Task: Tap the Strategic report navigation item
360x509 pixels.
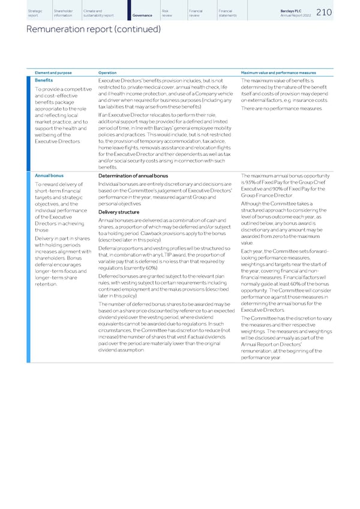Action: tap(35, 13)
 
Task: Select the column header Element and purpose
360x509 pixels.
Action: tap(53, 73)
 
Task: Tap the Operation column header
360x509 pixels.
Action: tap(107, 73)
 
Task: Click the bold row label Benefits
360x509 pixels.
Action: tap(44, 80)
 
